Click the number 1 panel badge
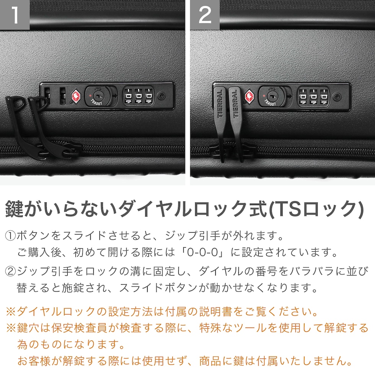click(x=15, y=15)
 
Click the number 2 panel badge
click(x=205, y=15)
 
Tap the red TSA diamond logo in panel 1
click(x=77, y=96)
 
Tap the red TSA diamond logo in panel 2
click(x=249, y=96)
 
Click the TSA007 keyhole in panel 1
click(x=98, y=96)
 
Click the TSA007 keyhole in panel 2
click(x=272, y=96)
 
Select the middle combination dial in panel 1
click(x=139, y=96)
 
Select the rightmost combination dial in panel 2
click(x=324, y=96)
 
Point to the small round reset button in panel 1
click(x=161, y=96)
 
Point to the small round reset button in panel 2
click(x=337, y=97)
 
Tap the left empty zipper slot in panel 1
click(x=47, y=96)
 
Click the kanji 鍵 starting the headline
click(x=15, y=209)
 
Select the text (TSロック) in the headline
click(x=316, y=209)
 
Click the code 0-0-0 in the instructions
click(x=202, y=252)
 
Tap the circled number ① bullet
click(x=10, y=236)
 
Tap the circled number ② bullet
click(x=10, y=271)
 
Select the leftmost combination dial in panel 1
click(x=129, y=96)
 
